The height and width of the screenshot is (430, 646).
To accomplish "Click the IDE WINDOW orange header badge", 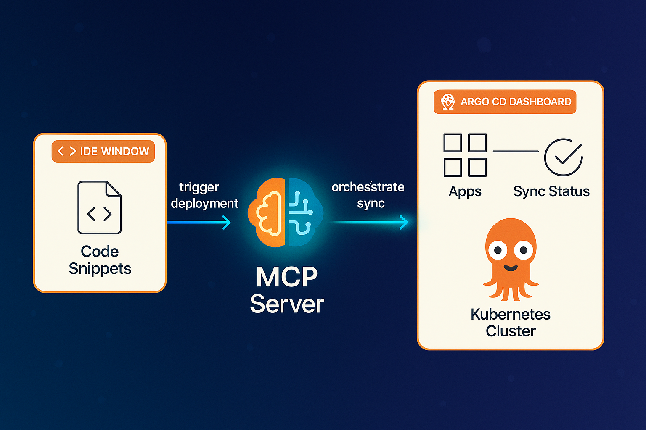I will point(103,151).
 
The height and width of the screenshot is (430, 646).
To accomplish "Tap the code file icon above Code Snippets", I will point(100,207).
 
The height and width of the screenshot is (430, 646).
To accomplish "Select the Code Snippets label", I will point(100,260).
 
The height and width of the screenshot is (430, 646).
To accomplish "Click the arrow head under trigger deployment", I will point(227,223).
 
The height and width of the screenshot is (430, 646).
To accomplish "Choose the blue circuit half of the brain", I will point(304,212).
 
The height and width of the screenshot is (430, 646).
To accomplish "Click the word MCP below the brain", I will point(287,277).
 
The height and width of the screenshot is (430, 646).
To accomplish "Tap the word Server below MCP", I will point(287,304).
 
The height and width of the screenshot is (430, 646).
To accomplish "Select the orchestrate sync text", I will point(368,195).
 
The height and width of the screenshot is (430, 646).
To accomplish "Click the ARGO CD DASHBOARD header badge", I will point(505,102).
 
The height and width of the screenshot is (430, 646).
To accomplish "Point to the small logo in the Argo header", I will point(448,102).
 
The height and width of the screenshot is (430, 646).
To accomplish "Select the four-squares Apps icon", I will point(465,155).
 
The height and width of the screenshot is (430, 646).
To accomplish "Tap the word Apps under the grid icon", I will point(465,191).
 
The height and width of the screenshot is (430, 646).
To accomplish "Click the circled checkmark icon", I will point(564,157).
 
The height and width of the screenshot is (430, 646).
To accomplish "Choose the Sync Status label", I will point(551,191).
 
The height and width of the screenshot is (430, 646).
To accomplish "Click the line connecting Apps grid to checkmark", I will point(516,151).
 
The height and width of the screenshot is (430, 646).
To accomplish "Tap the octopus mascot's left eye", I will point(498,251).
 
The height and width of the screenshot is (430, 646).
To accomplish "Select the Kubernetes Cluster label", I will point(511,322).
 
